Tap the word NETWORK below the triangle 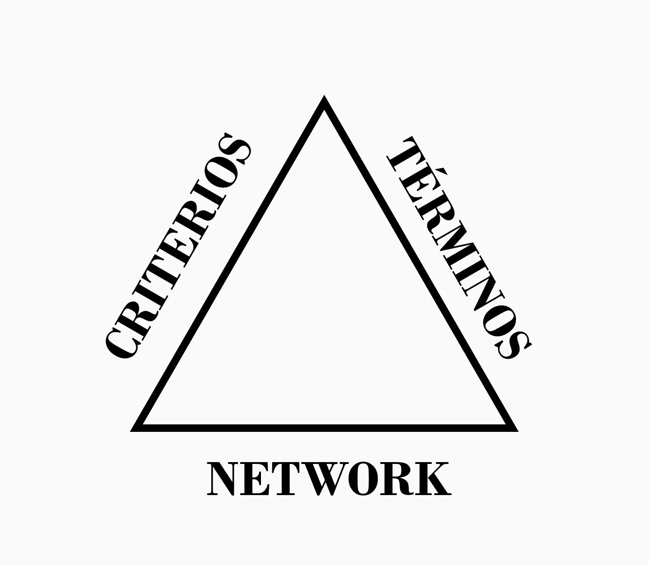coord(329,479)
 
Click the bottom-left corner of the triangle coord(134,429)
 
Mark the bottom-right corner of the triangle coord(515,429)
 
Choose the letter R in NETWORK coord(399,479)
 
